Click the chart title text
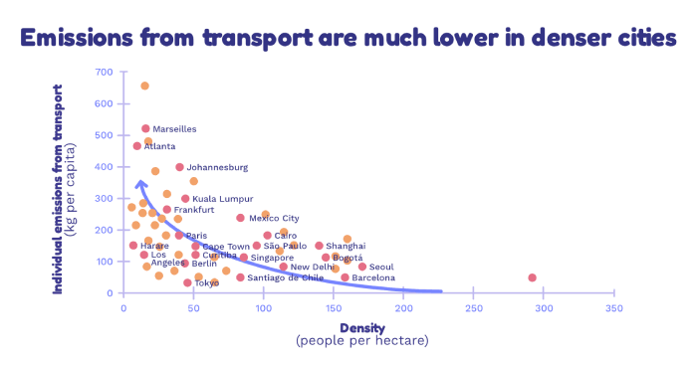348,39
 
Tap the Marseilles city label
174,129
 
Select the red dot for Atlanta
137,146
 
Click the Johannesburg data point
179,167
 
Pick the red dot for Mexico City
240,218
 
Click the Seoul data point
362,267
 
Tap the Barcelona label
373,278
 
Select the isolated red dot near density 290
532,277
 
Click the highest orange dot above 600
144,86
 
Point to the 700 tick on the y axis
104,73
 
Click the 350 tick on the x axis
613,308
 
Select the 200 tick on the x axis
403,308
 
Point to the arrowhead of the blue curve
140,182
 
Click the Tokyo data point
187,282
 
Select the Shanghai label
346,246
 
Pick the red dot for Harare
133,246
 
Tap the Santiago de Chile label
286,278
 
